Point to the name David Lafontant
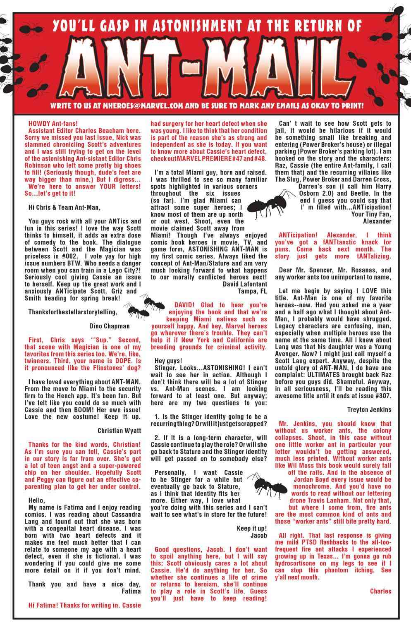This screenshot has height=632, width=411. [x=245, y=284]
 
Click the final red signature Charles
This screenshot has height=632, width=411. [x=380, y=591]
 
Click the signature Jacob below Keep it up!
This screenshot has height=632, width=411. [x=258, y=535]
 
